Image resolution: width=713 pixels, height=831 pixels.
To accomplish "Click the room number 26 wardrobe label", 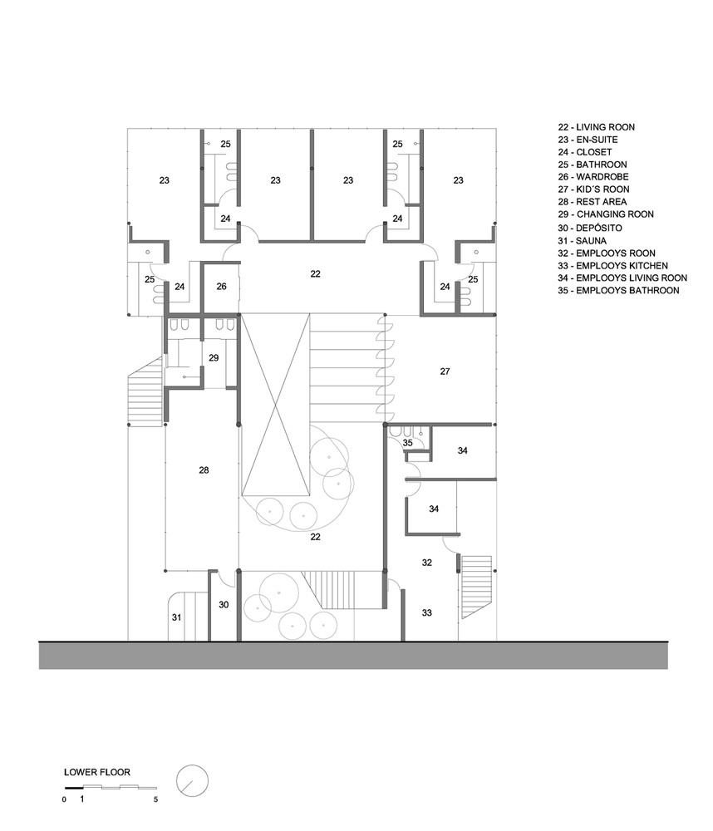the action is pos(222,286).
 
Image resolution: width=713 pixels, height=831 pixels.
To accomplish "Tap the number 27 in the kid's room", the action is pos(445,371).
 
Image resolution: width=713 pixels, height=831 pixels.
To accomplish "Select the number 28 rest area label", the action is pos(204,470).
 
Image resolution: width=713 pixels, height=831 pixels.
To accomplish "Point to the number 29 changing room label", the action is pos(214,357).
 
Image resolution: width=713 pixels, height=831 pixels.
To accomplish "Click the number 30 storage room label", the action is pos(224,605).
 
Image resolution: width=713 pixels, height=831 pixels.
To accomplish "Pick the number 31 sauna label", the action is pos(176,617).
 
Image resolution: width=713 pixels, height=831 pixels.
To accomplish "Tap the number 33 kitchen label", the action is pos(427,612).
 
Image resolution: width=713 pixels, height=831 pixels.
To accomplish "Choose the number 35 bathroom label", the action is pos(408,443).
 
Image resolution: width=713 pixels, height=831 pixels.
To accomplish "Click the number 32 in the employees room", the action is pos(427,563).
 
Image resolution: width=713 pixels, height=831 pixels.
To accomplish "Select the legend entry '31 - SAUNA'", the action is pos(582,241).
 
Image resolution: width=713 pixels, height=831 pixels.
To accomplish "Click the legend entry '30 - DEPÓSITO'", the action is pos(590,228).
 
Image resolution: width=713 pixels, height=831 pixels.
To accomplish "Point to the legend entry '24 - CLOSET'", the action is pos(585,152).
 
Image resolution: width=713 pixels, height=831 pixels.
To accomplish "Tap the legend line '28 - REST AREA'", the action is pos(593,202).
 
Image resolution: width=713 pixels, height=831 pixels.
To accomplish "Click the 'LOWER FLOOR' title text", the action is pos(97,772).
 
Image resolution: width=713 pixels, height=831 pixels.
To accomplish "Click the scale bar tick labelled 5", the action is pos(156,799).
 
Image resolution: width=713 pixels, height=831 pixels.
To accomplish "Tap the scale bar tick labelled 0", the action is pos(64,799).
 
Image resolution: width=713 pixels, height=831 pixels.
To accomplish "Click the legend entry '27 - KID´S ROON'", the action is pos(593,189).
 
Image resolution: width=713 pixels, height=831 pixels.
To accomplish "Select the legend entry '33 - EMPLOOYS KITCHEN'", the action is pos(612,266).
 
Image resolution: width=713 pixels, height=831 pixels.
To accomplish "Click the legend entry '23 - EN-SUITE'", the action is pos(588,140).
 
